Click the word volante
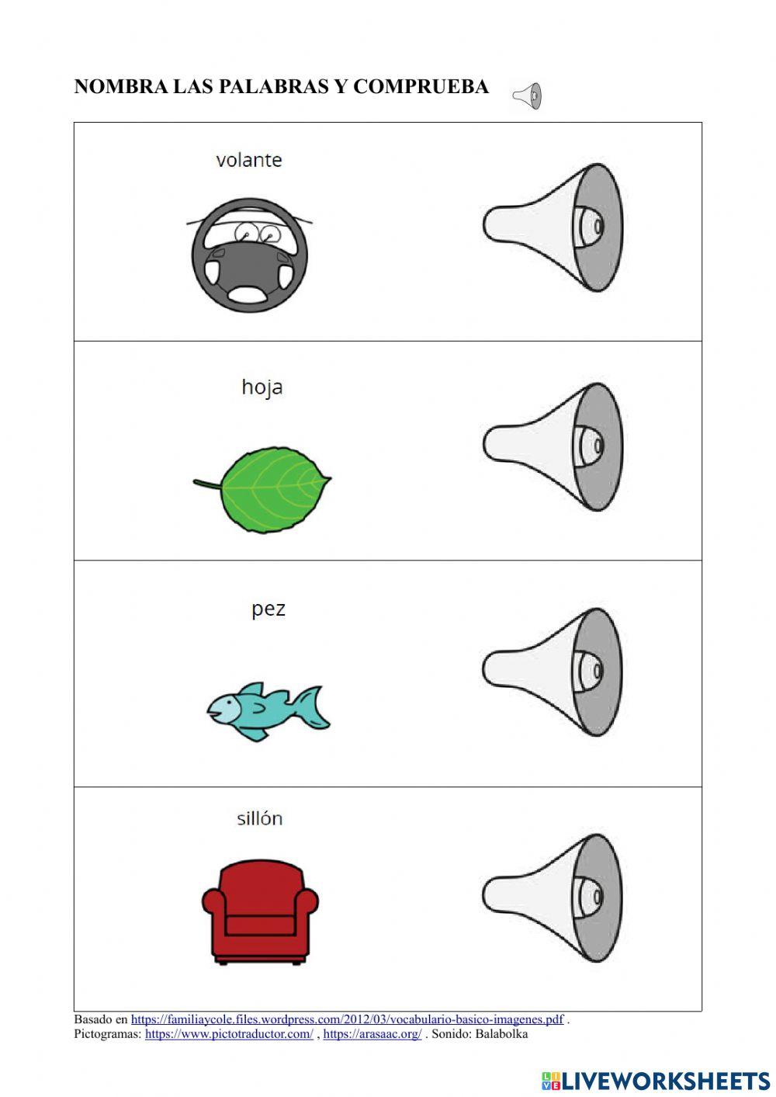[x=248, y=160]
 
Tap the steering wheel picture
[x=249, y=255]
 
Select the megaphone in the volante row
[x=553, y=227]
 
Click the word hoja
[x=262, y=387]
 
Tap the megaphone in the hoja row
[x=553, y=446]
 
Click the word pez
[x=268, y=608]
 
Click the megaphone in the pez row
[x=553, y=671]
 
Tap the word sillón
[x=259, y=818]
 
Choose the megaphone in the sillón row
[x=553, y=897]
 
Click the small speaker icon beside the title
[x=527, y=96]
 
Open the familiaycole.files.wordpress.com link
[x=347, y=1019]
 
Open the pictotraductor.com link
[x=229, y=1034]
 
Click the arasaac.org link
[x=372, y=1034]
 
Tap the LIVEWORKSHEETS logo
[x=655, y=1080]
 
